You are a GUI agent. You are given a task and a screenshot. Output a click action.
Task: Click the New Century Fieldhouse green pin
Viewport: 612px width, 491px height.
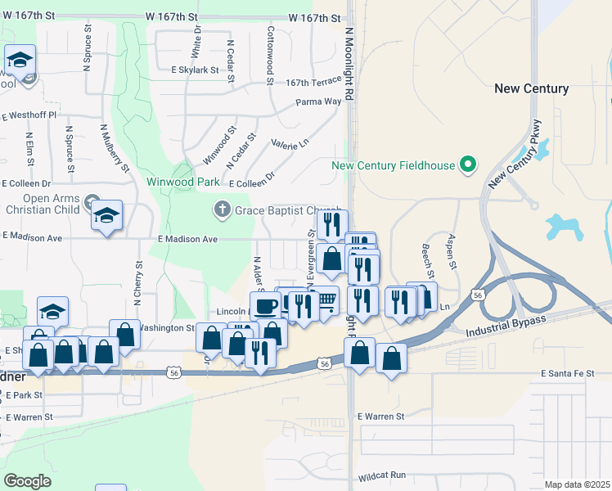point(468,165)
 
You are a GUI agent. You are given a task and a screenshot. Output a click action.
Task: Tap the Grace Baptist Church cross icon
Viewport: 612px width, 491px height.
point(221,209)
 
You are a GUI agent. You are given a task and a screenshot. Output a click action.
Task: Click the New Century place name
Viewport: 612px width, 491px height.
point(532,88)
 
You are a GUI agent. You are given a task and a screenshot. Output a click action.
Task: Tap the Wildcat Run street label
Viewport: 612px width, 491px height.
point(382,475)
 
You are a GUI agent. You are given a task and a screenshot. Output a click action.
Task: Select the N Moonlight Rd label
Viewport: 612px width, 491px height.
point(349,65)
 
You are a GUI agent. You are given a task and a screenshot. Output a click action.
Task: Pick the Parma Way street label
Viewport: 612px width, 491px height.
point(318,102)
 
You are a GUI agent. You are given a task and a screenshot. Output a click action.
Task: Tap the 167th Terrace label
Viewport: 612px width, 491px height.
point(313,83)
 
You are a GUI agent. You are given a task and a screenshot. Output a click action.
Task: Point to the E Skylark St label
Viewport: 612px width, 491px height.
point(195,70)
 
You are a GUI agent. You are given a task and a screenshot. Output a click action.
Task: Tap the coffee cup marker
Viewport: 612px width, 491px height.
point(265,305)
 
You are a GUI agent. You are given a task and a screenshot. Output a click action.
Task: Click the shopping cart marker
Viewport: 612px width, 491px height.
point(326,300)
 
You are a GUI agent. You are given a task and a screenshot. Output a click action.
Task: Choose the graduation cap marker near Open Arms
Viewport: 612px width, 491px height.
point(106,215)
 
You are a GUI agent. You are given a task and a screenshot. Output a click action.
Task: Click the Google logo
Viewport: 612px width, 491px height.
point(27,481)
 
